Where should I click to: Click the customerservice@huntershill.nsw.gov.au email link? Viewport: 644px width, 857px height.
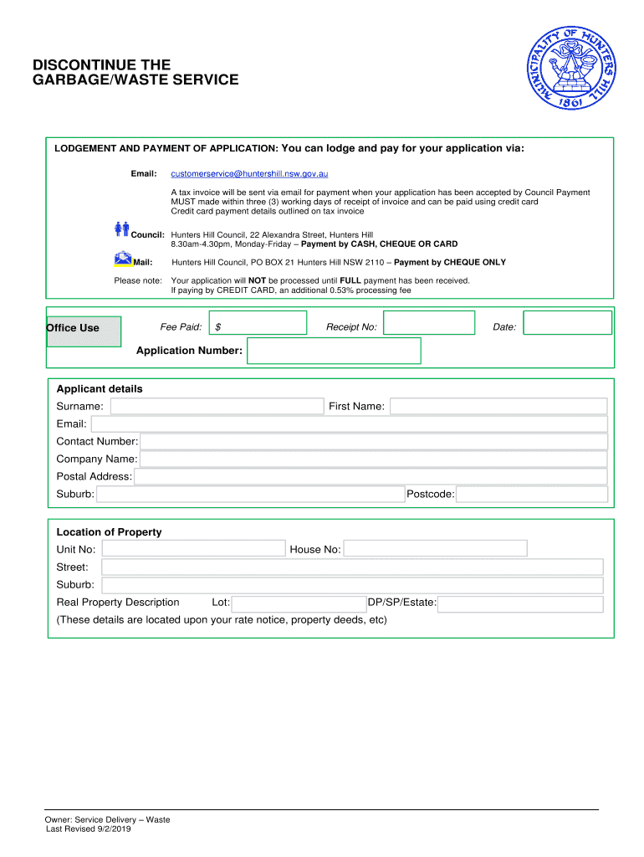[249, 173]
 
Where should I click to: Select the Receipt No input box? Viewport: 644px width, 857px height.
[429, 324]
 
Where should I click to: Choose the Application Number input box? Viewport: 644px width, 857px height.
[334, 351]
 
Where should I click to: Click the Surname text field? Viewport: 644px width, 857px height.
[217, 406]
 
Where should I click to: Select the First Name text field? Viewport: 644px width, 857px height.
[498, 406]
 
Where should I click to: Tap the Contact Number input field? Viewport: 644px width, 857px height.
[374, 441]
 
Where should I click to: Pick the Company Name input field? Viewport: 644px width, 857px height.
[374, 459]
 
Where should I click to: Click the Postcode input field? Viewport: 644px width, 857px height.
[532, 495]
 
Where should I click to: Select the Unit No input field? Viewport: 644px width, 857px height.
[193, 549]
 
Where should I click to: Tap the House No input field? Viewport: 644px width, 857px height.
[435, 549]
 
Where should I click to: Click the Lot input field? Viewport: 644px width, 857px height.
[299, 603]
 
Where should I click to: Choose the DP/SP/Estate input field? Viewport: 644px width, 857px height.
[520, 603]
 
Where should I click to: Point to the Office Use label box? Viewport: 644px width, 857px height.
[84, 328]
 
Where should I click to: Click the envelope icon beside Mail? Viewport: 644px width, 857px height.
[122, 258]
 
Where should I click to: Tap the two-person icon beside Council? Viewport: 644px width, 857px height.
[121, 228]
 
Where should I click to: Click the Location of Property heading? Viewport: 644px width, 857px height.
[109, 532]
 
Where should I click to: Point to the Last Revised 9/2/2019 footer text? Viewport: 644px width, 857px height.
[88, 829]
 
